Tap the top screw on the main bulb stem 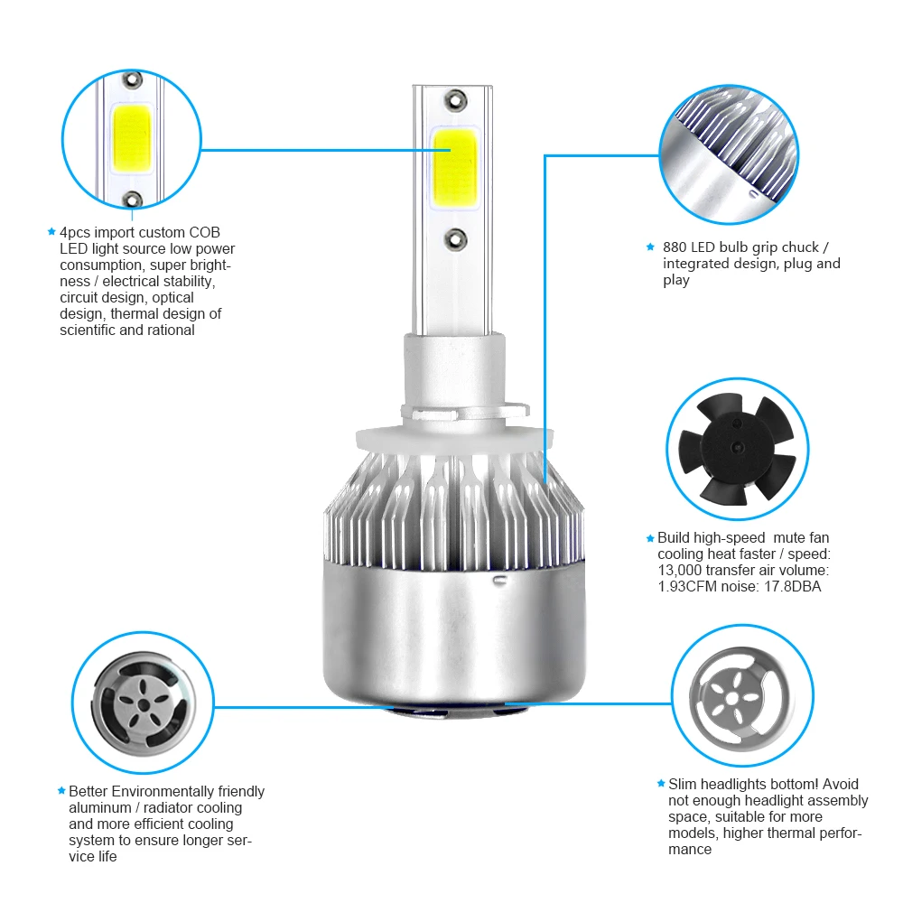(454, 97)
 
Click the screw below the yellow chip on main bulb (454, 238)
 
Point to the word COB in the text (204, 232)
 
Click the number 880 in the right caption (675, 247)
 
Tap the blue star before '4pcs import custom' (51, 232)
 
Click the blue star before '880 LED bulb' (650, 247)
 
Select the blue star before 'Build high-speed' (650, 538)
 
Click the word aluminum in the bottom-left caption (100, 807)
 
